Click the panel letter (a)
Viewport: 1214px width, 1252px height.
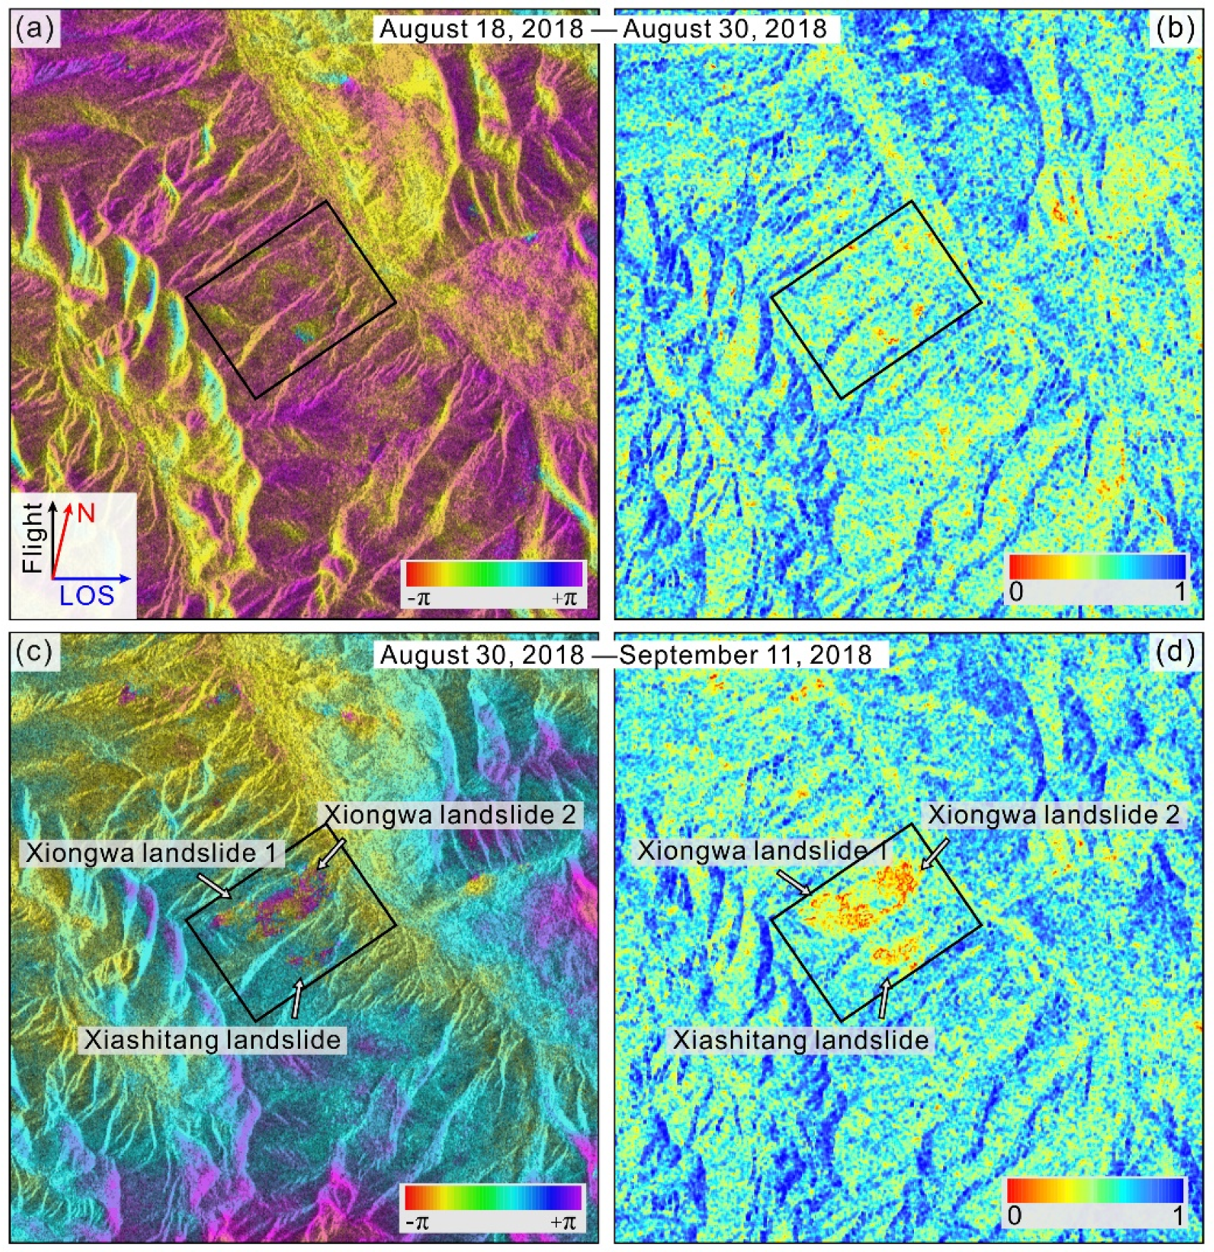(x=34, y=29)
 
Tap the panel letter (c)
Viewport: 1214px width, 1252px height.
(x=34, y=651)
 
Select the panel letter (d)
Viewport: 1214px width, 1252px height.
(x=1173, y=651)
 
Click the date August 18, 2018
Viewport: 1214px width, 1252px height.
(x=481, y=29)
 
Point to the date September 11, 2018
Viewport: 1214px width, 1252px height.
(x=746, y=655)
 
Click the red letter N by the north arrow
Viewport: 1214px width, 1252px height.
(x=86, y=513)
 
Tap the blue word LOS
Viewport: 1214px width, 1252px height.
(x=86, y=596)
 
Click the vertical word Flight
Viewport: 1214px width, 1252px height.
(x=32, y=538)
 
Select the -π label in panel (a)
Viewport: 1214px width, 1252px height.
(x=419, y=597)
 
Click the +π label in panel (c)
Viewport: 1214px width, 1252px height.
(x=563, y=1222)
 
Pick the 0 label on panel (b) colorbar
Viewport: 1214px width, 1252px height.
(x=1017, y=591)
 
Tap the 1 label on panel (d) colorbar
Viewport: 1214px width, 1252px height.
(x=1178, y=1215)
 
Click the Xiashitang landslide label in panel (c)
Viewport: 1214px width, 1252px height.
(x=212, y=1040)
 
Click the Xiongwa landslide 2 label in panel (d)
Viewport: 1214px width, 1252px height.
(x=1053, y=814)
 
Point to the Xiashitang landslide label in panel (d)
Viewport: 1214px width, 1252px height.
(x=801, y=1040)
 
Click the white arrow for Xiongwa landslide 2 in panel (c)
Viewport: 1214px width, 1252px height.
(x=331, y=853)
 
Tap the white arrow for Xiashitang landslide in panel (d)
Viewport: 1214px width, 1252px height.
(x=885, y=998)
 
